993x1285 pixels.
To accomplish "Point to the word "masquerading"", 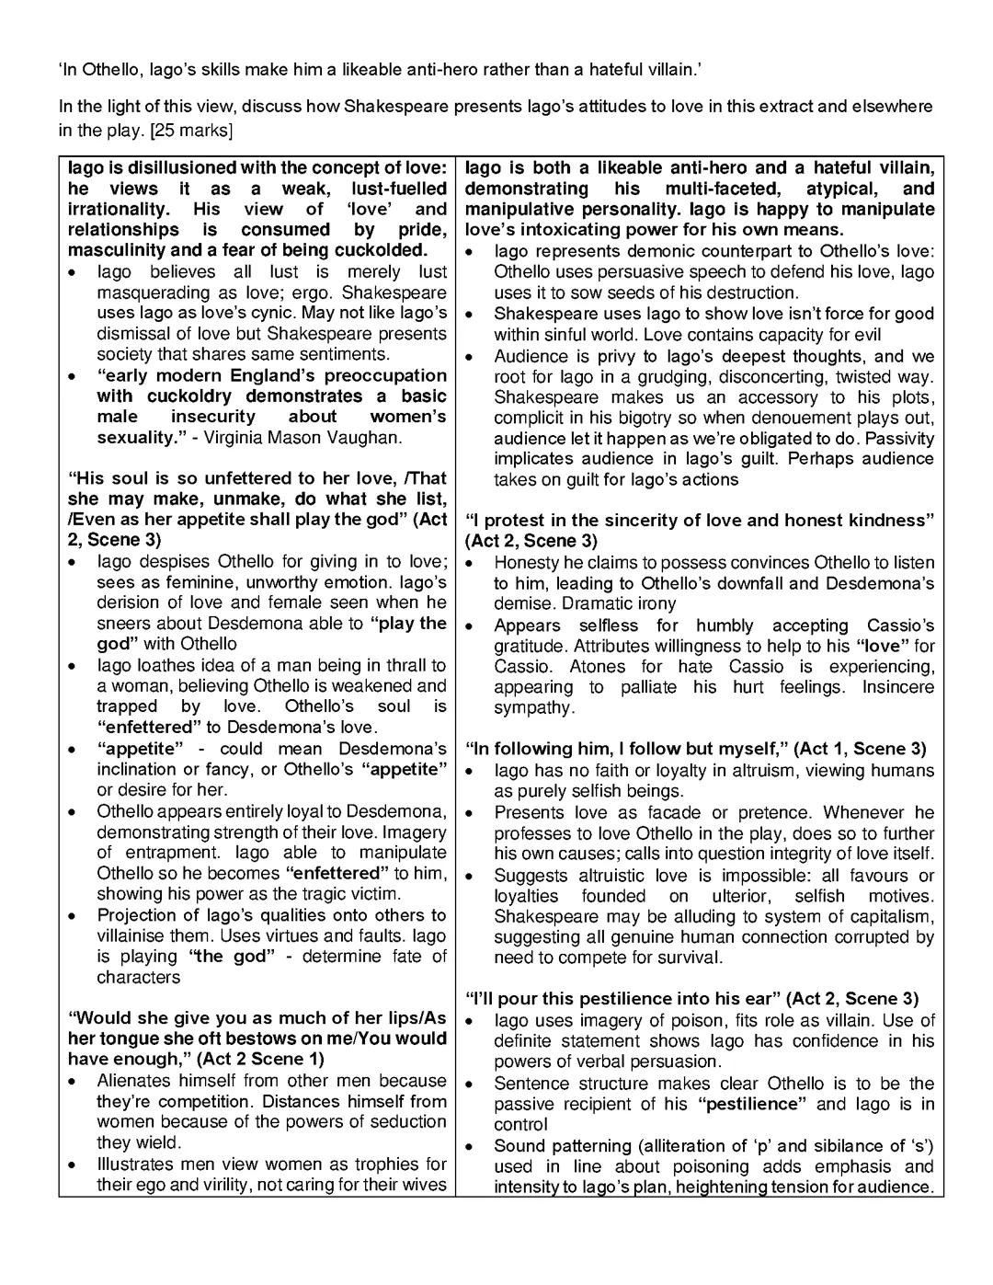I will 149,293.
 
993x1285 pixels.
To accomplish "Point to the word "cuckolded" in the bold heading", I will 377,250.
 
